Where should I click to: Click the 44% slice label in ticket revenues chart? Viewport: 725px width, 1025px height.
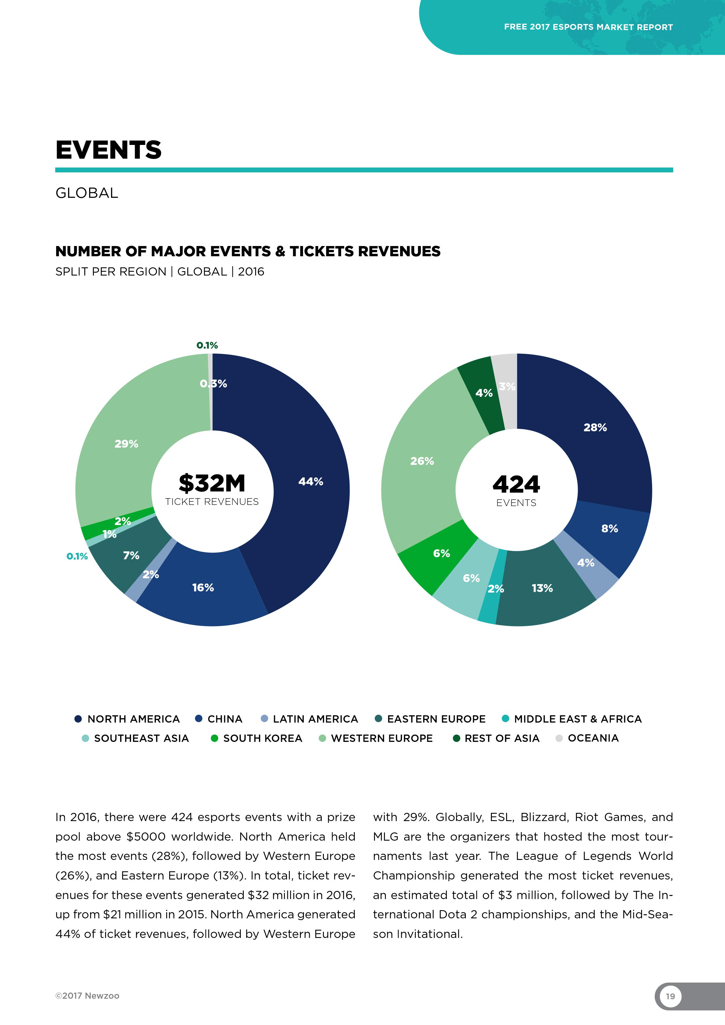point(310,481)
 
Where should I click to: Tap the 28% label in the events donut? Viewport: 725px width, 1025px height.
point(595,427)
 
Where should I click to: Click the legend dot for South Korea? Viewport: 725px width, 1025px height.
point(214,738)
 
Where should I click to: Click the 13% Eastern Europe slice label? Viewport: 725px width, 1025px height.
point(542,588)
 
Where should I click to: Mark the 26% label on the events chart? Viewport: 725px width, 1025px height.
point(422,461)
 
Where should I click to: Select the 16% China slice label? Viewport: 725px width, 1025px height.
point(203,588)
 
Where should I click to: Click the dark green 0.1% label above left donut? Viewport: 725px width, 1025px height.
point(207,345)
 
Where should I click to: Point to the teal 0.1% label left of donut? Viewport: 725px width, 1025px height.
point(77,556)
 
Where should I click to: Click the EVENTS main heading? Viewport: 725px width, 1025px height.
point(108,150)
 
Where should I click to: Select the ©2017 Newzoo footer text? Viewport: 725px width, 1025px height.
point(87,995)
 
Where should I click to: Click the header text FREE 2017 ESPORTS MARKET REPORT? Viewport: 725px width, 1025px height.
point(588,27)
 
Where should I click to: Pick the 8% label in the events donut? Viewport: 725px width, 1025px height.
point(609,529)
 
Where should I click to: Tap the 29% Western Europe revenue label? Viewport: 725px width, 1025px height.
point(126,444)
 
